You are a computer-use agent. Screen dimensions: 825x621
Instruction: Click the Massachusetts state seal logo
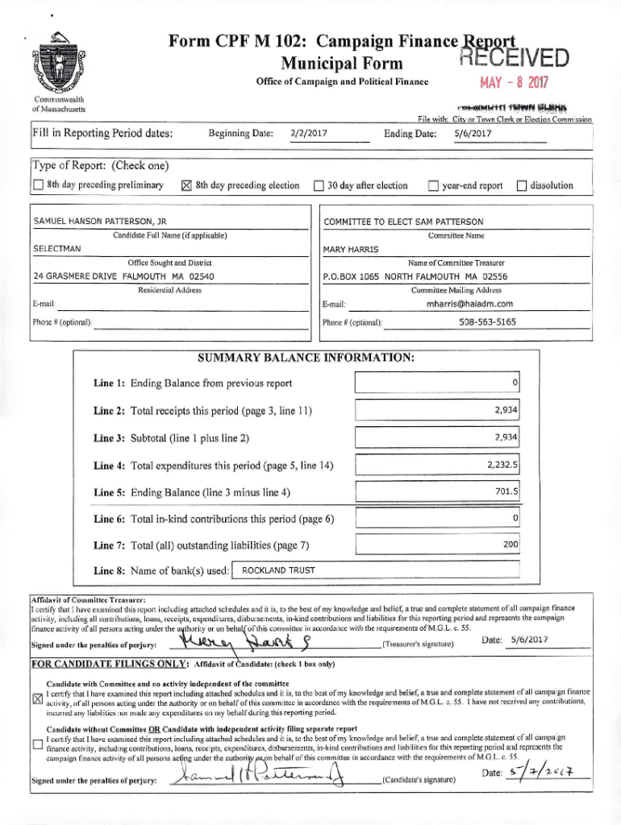55,67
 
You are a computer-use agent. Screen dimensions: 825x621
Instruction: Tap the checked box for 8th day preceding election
185,186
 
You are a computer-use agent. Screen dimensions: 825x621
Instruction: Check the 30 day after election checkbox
319,186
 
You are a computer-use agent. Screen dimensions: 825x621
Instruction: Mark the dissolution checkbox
521,186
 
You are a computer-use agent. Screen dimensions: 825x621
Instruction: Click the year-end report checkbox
432,186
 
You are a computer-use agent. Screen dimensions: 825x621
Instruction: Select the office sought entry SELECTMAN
56,249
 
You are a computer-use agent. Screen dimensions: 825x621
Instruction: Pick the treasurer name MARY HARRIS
350,250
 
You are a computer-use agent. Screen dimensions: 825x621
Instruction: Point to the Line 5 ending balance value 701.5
506,491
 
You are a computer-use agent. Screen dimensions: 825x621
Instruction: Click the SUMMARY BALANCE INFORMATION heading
306,357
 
